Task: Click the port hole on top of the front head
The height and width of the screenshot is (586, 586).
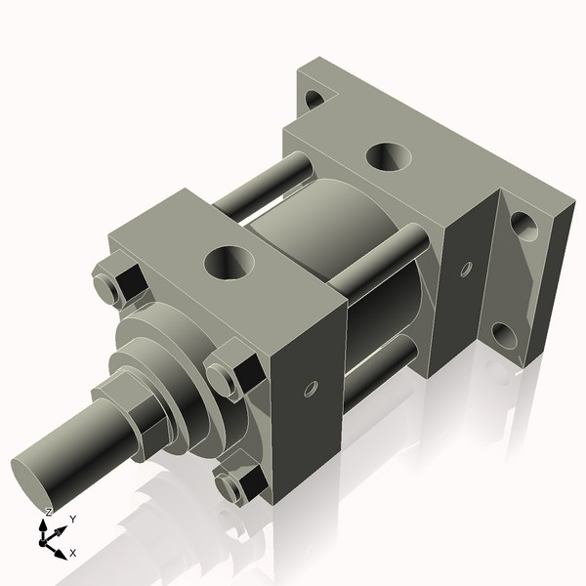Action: click(230, 262)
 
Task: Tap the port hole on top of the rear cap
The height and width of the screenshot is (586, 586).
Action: click(389, 155)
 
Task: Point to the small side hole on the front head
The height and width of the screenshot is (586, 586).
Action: click(311, 390)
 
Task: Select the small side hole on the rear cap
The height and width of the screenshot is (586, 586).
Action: click(466, 269)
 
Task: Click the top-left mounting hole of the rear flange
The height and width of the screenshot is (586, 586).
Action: click(314, 98)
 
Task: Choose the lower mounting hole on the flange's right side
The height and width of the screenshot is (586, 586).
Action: click(504, 336)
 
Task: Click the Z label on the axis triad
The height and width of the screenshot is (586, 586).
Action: click(49, 512)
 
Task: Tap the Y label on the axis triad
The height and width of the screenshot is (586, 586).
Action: click(72, 519)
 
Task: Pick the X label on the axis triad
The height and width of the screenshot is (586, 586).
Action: click(72, 553)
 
